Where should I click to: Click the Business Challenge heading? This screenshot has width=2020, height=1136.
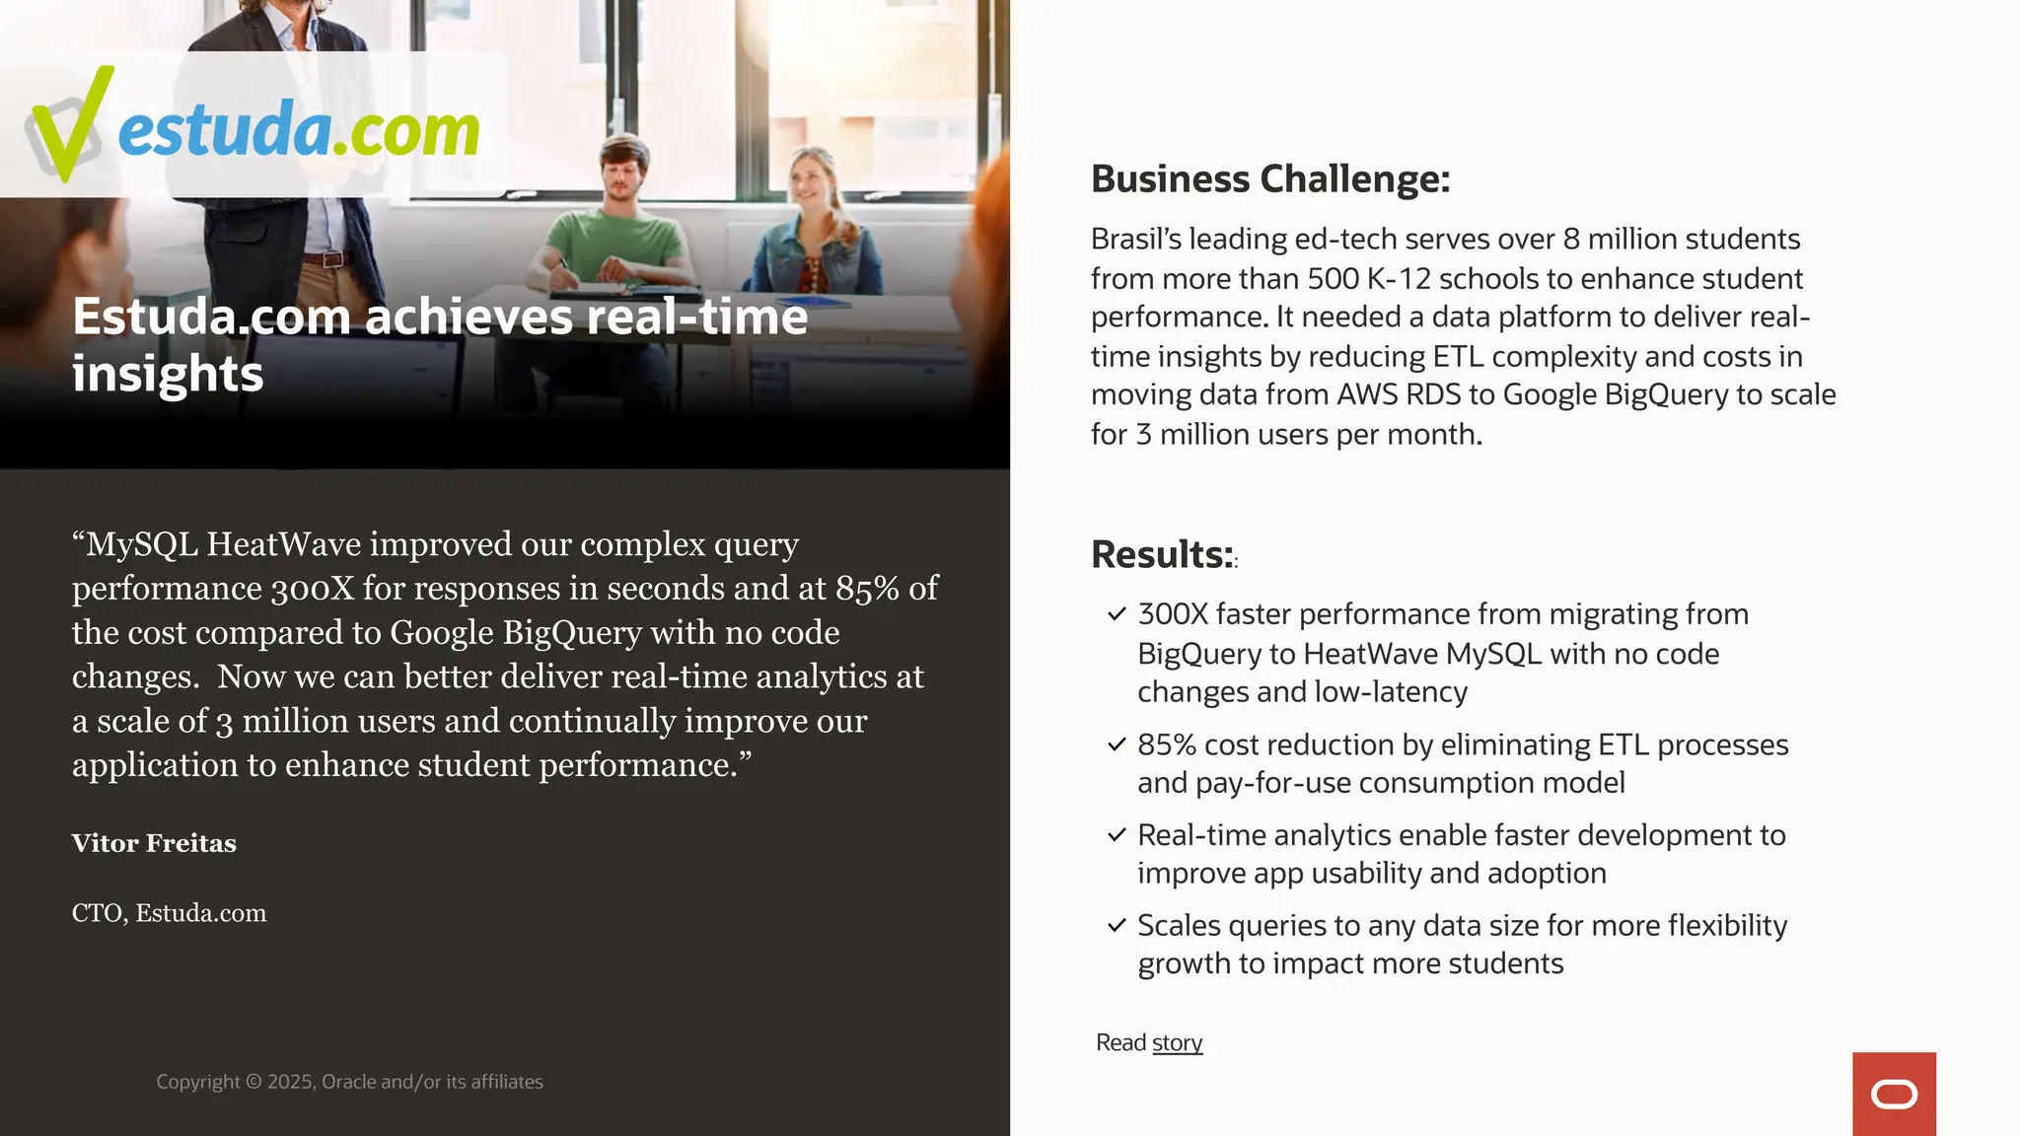point(1270,179)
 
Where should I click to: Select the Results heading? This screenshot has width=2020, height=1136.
point(1162,555)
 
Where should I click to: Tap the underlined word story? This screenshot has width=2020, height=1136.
point(1177,1043)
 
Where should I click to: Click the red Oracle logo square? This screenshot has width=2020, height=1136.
point(1894,1094)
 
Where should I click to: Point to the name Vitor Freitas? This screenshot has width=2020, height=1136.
point(154,844)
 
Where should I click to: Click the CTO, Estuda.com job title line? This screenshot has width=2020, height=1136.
point(169,913)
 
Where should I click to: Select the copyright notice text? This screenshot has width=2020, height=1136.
point(349,1082)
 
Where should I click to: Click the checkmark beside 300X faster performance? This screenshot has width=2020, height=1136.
point(1117,614)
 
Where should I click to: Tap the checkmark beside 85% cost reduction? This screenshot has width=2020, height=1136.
point(1117,745)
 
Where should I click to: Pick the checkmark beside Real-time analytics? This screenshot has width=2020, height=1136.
point(1117,835)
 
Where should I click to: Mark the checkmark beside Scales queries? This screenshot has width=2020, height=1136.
point(1117,926)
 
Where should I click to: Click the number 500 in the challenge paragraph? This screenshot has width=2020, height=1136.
point(1333,279)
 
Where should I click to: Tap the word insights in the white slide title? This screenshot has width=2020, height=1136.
point(168,375)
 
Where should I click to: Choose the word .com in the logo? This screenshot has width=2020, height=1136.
point(405,131)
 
